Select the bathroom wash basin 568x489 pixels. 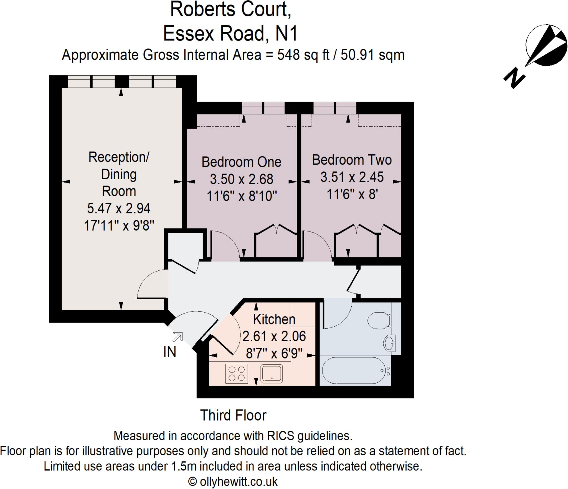(x=389, y=343)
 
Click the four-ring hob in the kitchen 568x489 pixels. (x=236, y=374)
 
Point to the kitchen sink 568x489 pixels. (x=272, y=373)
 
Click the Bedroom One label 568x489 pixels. (x=241, y=162)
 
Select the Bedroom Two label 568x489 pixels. (x=352, y=160)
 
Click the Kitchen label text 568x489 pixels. (x=274, y=319)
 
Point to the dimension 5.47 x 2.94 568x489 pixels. (x=119, y=208)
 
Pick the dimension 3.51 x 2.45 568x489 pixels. (x=352, y=177)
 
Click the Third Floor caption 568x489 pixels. (x=233, y=415)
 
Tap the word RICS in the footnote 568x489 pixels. (x=280, y=436)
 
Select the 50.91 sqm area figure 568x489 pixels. (x=372, y=55)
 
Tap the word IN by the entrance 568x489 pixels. (x=170, y=352)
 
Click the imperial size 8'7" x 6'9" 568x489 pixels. (x=274, y=354)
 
